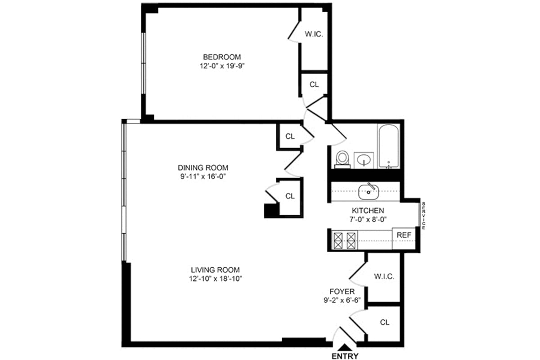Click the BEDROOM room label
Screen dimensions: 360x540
click(x=222, y=57)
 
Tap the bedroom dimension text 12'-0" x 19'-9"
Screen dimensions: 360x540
click(x=222, y=66)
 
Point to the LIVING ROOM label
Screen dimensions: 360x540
click(x=215, y=270)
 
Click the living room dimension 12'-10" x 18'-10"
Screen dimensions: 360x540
click(x=215, y=278)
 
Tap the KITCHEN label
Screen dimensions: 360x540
click(x=368, y=210)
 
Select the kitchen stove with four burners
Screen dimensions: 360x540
click(x=344, y=239)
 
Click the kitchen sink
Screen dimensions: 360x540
click(x=369, y=192)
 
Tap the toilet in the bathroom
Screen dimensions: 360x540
click(x=343, y=159)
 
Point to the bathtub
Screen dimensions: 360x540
click(x=389, y=145)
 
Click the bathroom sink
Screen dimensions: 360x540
click(x=364, y=159)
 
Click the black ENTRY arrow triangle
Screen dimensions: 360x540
click(x=345, y=347)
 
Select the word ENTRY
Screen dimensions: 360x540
click(x=345, y=356)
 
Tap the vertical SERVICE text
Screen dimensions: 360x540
click(x=423, y=215)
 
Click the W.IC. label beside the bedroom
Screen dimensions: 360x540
click(x=314, y=34)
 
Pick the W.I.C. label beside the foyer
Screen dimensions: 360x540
click(x=384, y=276)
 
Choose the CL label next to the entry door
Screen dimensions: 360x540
click(x=384, y=322)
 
